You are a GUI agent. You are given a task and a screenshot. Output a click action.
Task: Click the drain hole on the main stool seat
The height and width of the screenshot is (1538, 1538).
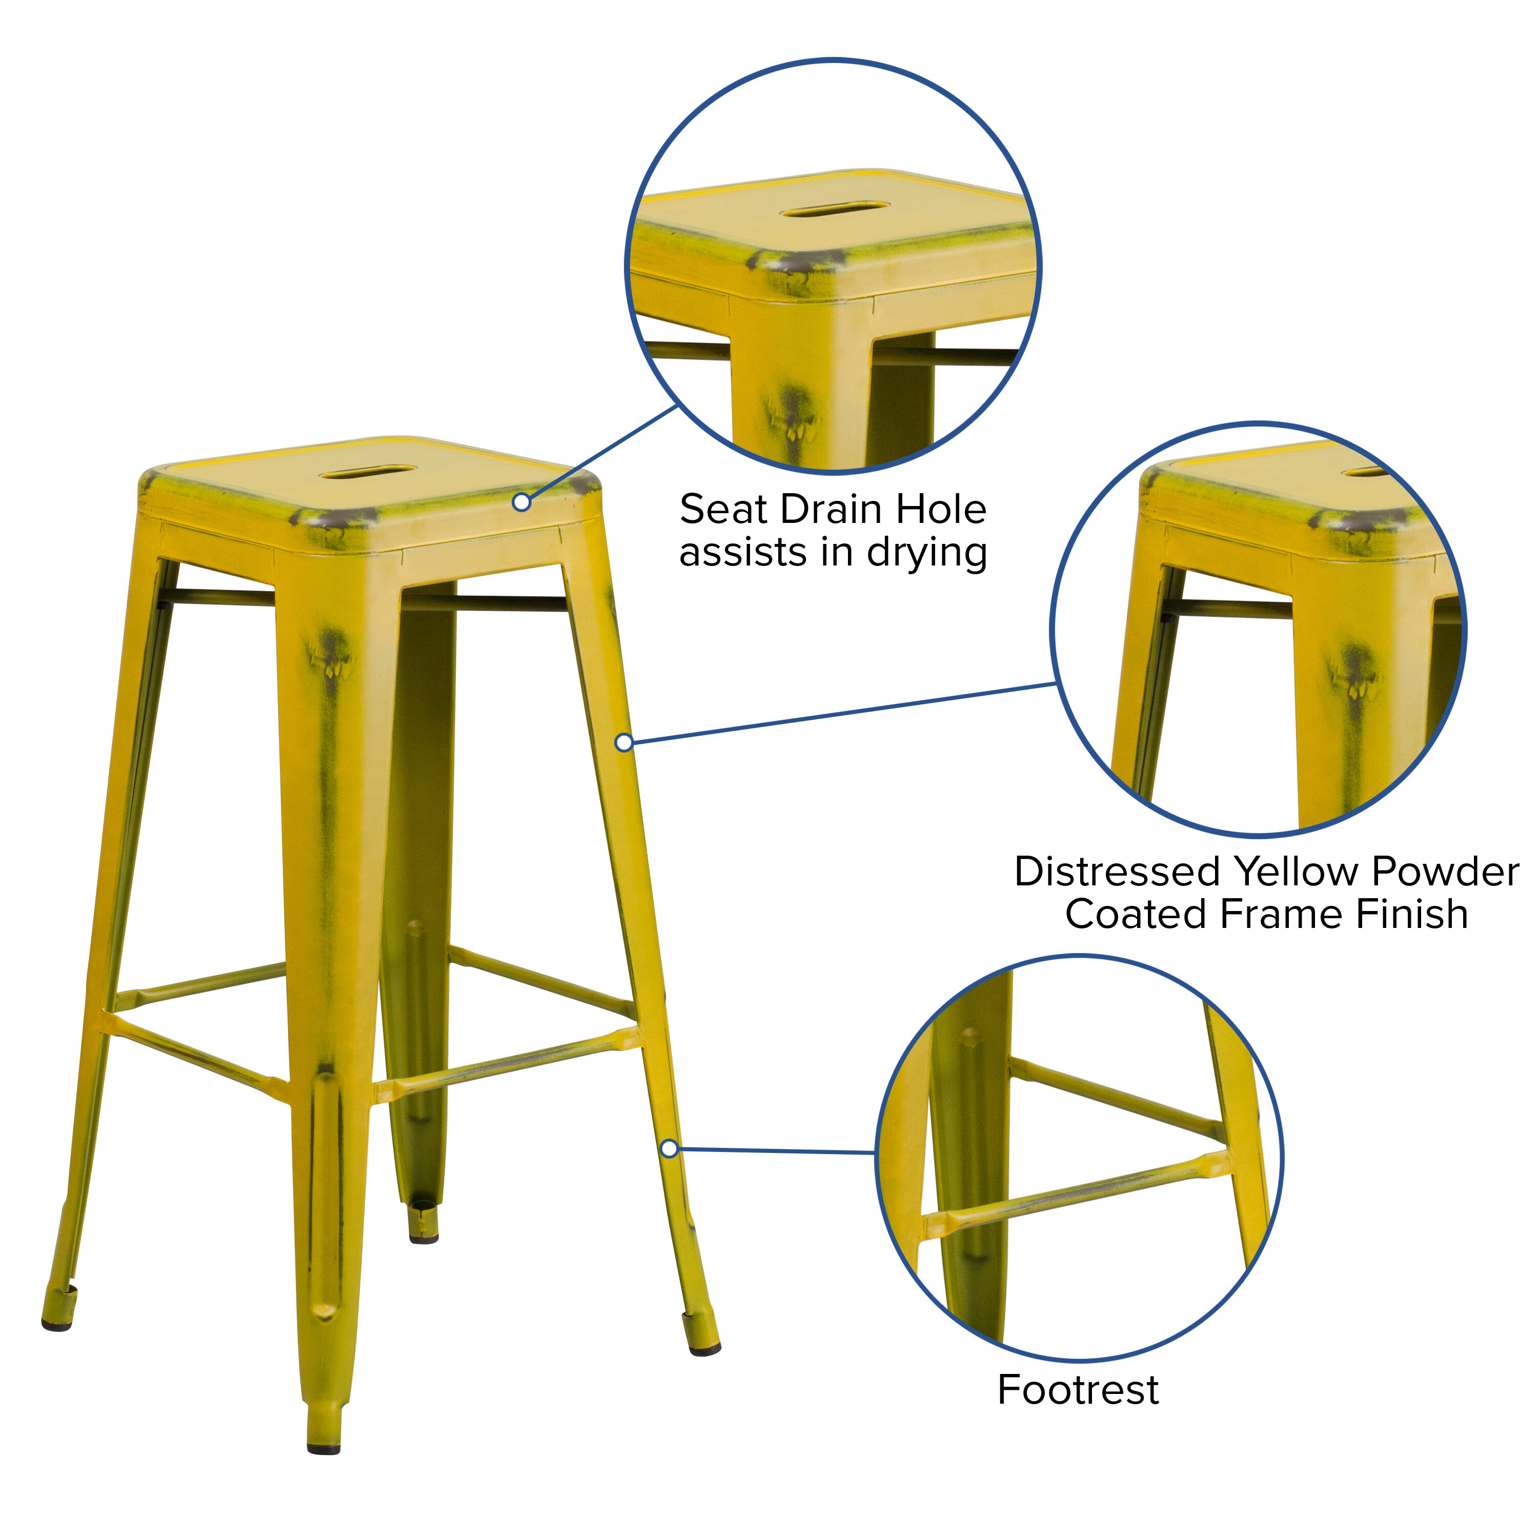tap(368, 472)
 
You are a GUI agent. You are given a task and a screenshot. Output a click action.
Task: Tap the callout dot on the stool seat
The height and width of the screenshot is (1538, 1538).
tap(521, 502)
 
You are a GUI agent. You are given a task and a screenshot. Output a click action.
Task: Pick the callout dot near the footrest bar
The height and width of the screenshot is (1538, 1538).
tap(670, 1149)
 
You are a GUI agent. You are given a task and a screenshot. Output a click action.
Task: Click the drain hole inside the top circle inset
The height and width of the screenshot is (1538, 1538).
tap(834, 211)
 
